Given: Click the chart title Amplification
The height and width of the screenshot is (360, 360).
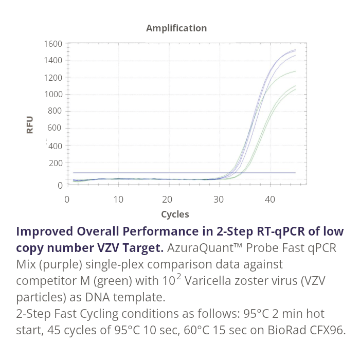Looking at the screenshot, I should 176,28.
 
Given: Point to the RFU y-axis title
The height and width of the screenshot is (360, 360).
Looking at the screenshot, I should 30,125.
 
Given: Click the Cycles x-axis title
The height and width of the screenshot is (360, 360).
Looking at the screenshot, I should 175,214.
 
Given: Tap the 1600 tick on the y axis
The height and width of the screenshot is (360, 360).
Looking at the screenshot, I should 53,44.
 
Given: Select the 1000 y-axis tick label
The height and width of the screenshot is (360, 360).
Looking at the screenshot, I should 53,94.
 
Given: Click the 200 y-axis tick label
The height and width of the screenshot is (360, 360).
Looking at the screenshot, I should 56,163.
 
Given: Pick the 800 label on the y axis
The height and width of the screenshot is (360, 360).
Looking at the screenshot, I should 56,111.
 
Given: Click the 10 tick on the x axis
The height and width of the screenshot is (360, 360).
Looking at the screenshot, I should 118,199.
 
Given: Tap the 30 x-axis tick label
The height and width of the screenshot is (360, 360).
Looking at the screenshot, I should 219,199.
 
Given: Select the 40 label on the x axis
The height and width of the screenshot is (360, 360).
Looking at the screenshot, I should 269,199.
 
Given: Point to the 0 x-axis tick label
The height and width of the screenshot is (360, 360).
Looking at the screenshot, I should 67,199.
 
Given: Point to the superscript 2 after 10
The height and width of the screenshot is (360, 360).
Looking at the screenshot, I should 179,277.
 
